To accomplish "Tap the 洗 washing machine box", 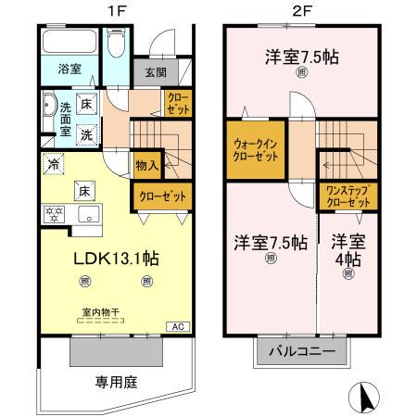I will (x=84, y=134).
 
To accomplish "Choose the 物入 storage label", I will (x=146, y=166).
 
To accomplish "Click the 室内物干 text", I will (x=102, y=313).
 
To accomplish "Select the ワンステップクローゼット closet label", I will (x=347, y=196).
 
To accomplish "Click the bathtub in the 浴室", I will (x=69, y=43).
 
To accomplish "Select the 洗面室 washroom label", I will (x=53, y=120).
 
